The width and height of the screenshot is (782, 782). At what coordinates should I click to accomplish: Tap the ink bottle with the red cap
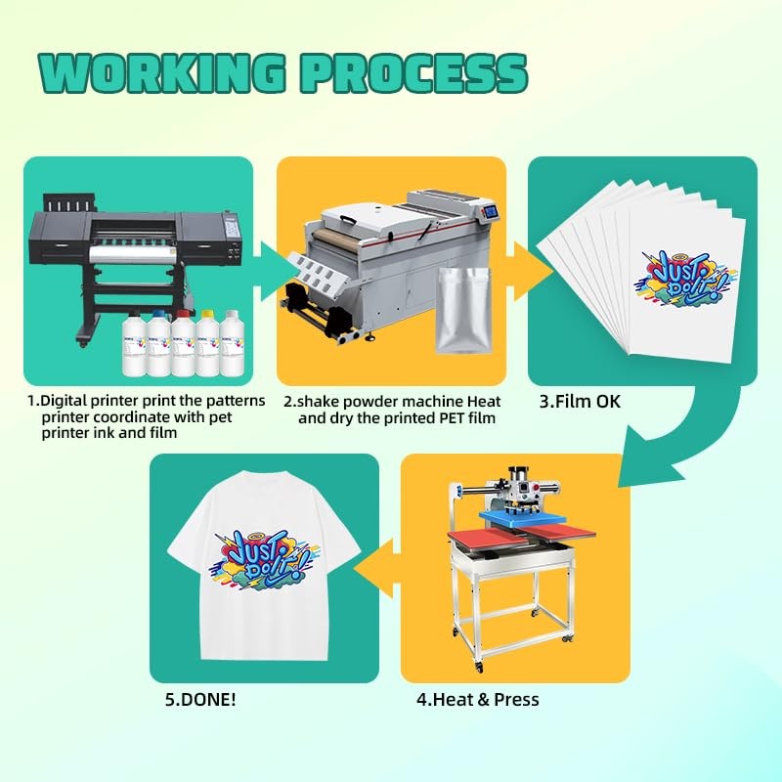pyautogui.click(x=182, y=343)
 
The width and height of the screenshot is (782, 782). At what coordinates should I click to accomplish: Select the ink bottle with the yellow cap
pyautogui.click(x=206, y=343)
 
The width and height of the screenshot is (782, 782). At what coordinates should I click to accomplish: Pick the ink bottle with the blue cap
pyautogui.click(x=157, y=343)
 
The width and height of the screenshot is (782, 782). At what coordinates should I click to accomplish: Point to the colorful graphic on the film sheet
pyautogui.click(x=684, y=274)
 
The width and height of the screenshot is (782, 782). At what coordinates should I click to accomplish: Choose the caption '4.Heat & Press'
pyautogui.click(x=478, y=699)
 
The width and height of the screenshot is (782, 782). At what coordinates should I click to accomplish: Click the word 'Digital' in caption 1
pyautogui.click(x=65, y=401)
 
